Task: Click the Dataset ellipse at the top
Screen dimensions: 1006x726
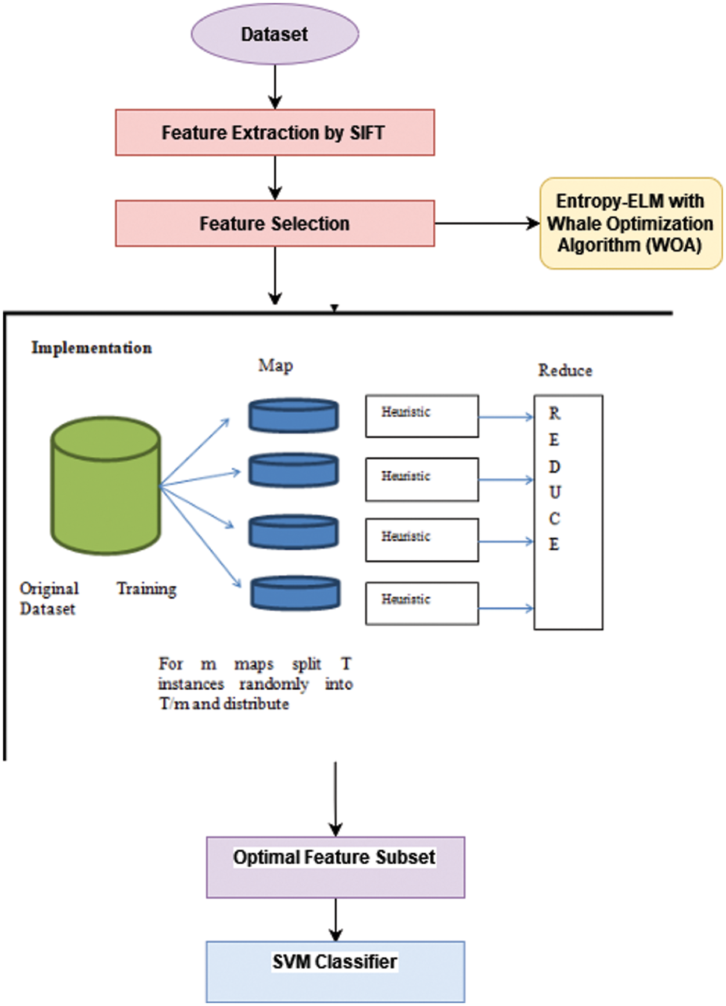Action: (275, 34)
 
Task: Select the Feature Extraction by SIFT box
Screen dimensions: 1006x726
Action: (275, 132)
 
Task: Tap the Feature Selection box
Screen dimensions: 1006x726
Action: (275, 223)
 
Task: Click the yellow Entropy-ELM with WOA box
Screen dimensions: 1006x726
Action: (631, 223)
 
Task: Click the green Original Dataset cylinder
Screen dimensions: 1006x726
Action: (106, 485)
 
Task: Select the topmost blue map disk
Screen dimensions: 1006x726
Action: (293, 416)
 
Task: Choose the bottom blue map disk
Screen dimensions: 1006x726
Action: (295, 593)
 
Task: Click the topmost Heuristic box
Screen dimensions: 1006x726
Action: (422, 416)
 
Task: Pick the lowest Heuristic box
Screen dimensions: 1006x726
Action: (422, 604)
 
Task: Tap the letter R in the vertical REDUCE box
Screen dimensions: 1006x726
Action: (555, 413)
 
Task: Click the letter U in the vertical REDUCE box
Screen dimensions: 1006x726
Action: (555, 492)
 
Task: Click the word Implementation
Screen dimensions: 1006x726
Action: (92, 348)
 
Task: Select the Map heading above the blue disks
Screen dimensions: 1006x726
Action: (275, 366)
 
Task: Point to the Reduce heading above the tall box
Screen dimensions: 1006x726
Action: (565, 370)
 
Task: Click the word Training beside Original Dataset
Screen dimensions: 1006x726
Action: (146, 589)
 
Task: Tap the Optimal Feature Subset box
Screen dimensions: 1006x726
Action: (335, 867)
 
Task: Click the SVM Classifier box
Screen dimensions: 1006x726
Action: (335, 971)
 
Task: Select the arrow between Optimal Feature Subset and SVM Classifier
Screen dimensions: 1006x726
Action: (336, 920)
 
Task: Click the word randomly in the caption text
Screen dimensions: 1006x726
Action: (274, 684)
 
